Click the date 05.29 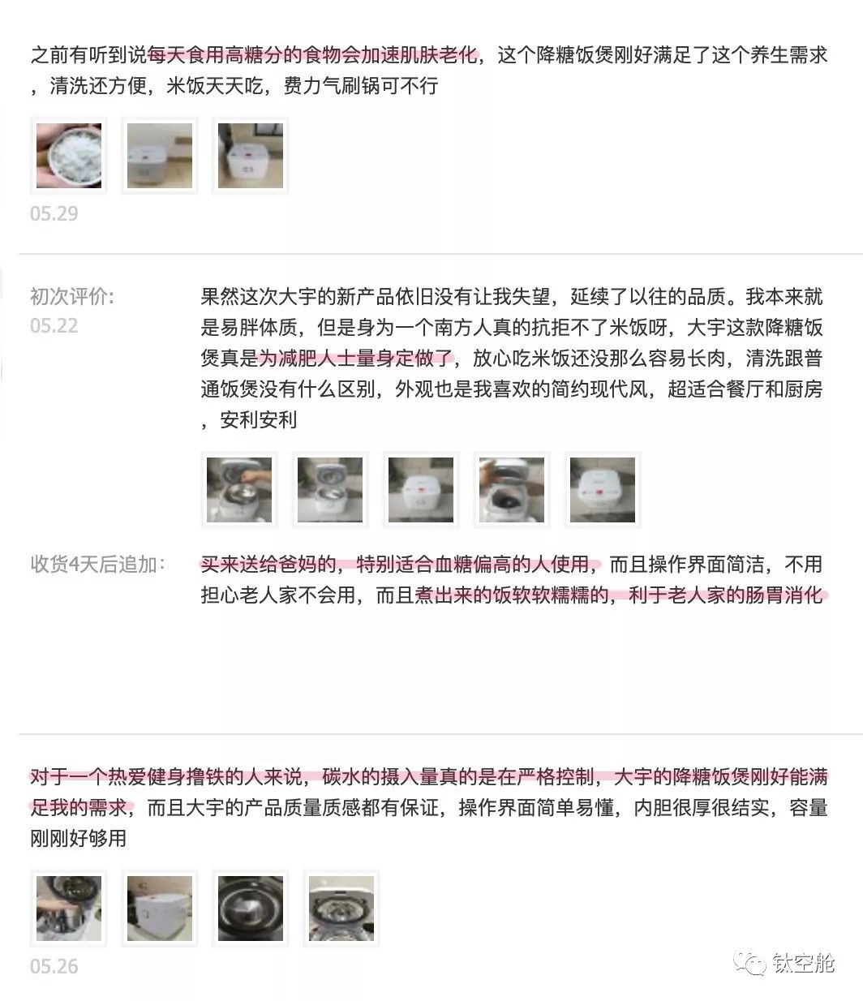point(54,213)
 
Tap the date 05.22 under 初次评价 point(54,326)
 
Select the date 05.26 point(54,967)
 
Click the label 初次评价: point(72,296)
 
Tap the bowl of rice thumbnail point(69,156)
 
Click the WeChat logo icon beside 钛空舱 point(749,963)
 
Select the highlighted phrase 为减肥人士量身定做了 point(356,359)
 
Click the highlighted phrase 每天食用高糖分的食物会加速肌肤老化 point(312,55)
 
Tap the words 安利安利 point(258,420)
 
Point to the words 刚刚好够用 point(78,838)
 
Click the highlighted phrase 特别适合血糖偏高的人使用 point(473,565)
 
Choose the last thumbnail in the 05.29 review point(251,156)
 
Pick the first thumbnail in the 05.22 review point(239,490)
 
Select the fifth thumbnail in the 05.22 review point(603,490)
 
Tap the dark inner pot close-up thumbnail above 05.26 point(251,909)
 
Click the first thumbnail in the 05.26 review point(69,909)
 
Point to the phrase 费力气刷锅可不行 point(361,86)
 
